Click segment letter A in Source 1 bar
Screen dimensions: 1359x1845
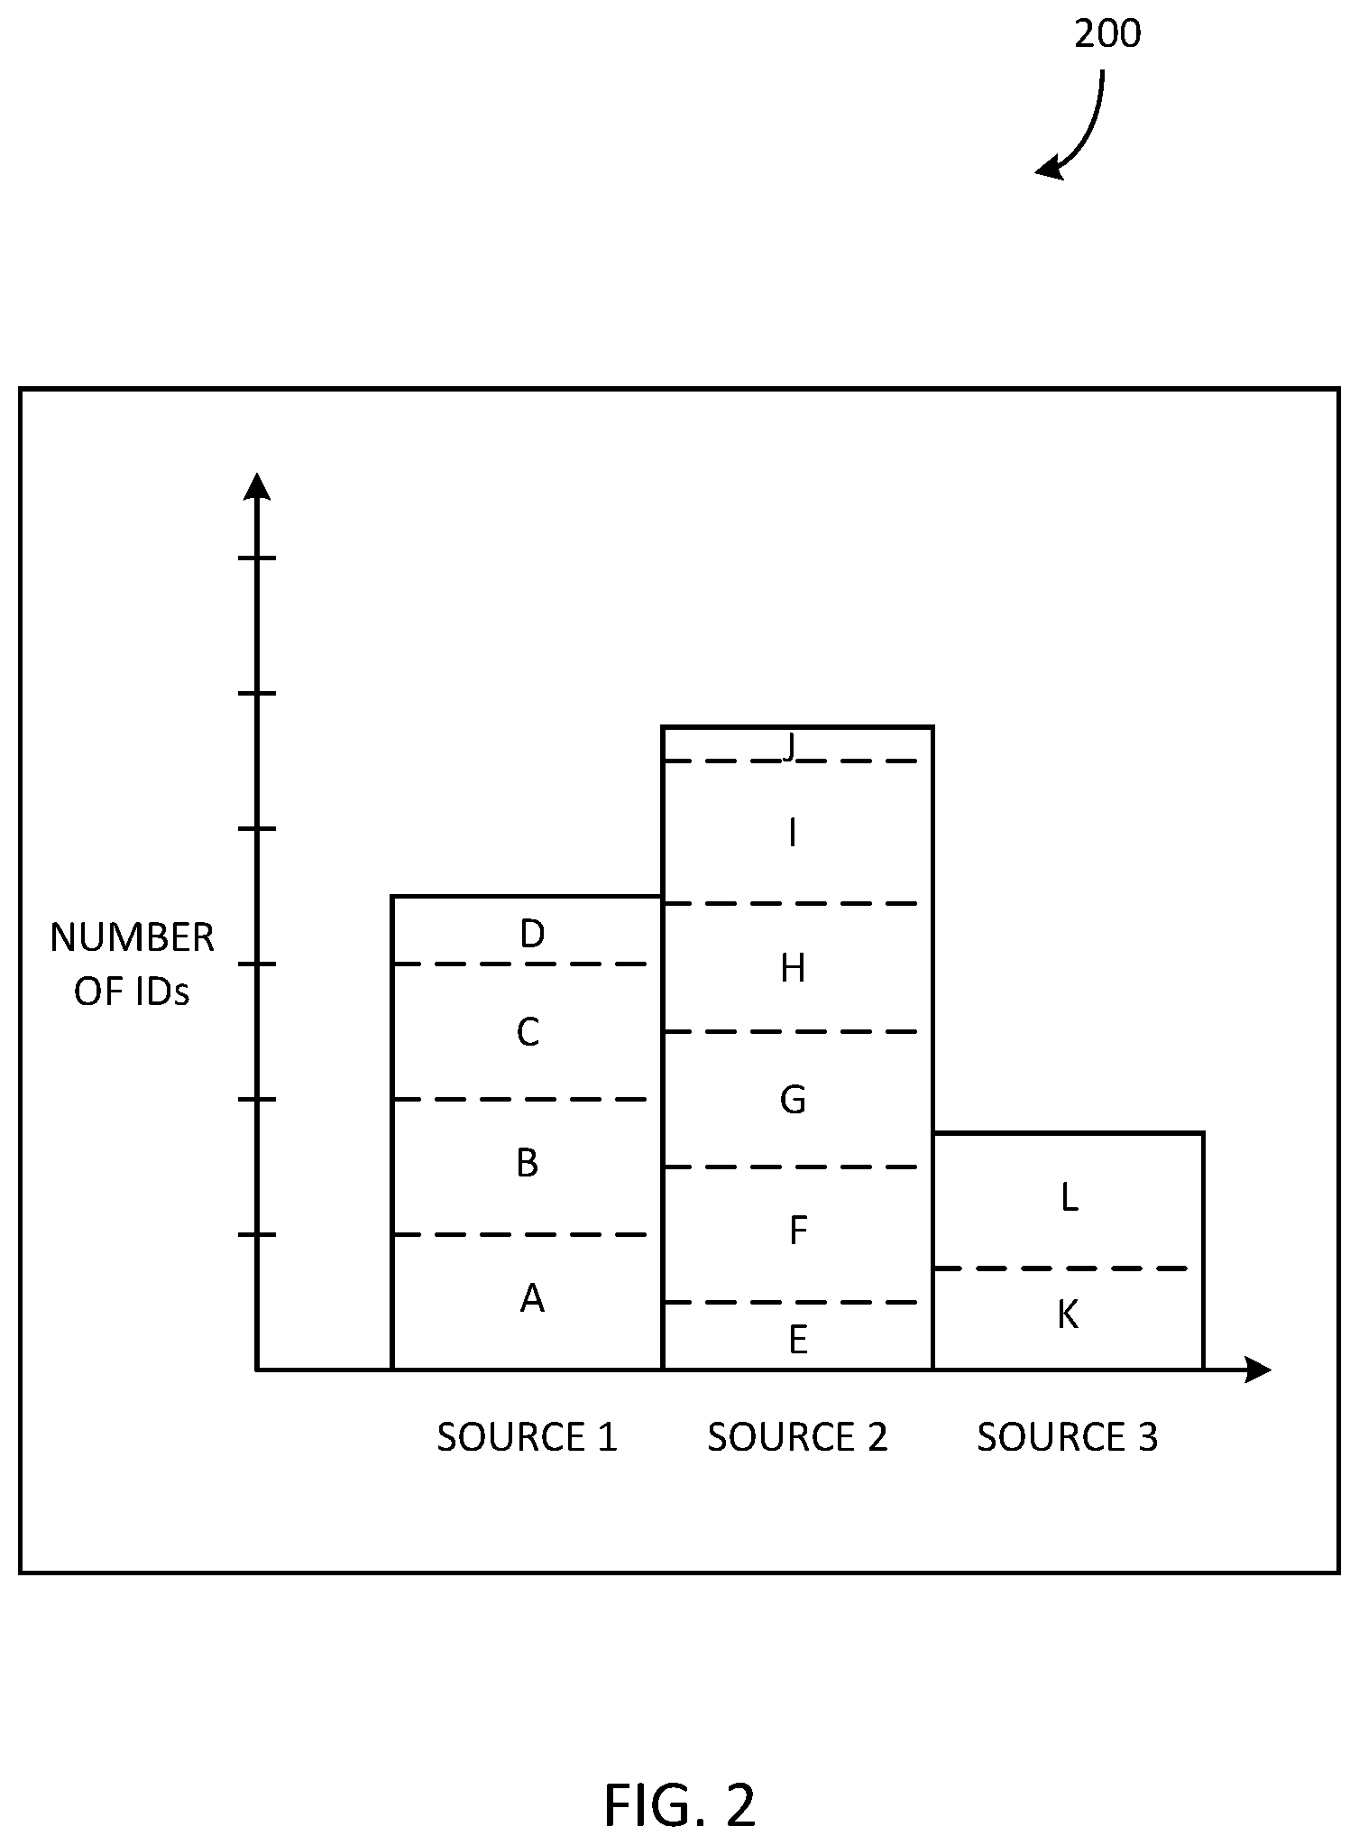tap(532, 1298)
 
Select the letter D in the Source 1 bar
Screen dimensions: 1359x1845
tap(532, 934)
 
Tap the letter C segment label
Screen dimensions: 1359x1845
tap(528, 1032)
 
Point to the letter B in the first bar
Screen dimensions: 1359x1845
tap(528, 1163)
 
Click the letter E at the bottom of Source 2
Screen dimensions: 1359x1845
tap(797, 1341)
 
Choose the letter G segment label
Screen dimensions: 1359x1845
tap(793, 1100)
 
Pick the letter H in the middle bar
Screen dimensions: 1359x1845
tap(793, 969)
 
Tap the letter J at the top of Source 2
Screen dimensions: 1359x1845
tap(791, 748)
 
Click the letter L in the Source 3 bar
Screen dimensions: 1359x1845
tap(1069, 1198)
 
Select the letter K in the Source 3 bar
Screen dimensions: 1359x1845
tap(1068, 1315)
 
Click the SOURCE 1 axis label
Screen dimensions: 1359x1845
tap(528, 1437)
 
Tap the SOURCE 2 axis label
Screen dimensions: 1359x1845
tap(798, 1437)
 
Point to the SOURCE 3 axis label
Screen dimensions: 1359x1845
tap(1068, 1437)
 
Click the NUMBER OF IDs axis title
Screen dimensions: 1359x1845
tap(132, 965)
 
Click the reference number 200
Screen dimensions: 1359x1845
tap(1107, 34)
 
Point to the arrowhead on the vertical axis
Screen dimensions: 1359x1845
tap(258, 485)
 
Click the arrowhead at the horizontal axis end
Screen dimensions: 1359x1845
tap(1258, 1370)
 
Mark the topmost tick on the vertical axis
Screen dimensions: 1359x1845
tap(257, 558)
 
